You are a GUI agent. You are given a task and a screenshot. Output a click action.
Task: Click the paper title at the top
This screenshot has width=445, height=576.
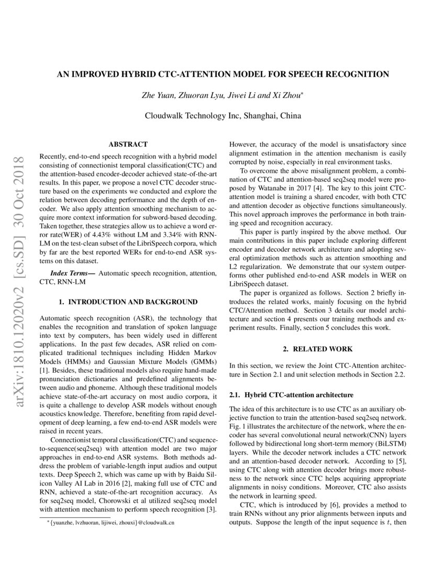click(x=222, y=74)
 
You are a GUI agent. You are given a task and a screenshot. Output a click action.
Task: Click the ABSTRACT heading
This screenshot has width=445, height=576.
click(x=128, y=144)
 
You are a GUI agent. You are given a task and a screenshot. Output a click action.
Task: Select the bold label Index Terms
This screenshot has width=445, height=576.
click(x=73, y=273)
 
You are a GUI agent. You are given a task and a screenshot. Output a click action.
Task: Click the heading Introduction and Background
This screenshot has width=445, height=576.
click(x=128, y=302)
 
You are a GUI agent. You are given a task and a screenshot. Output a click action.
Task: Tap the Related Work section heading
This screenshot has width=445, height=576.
click(x=318, y=349)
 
